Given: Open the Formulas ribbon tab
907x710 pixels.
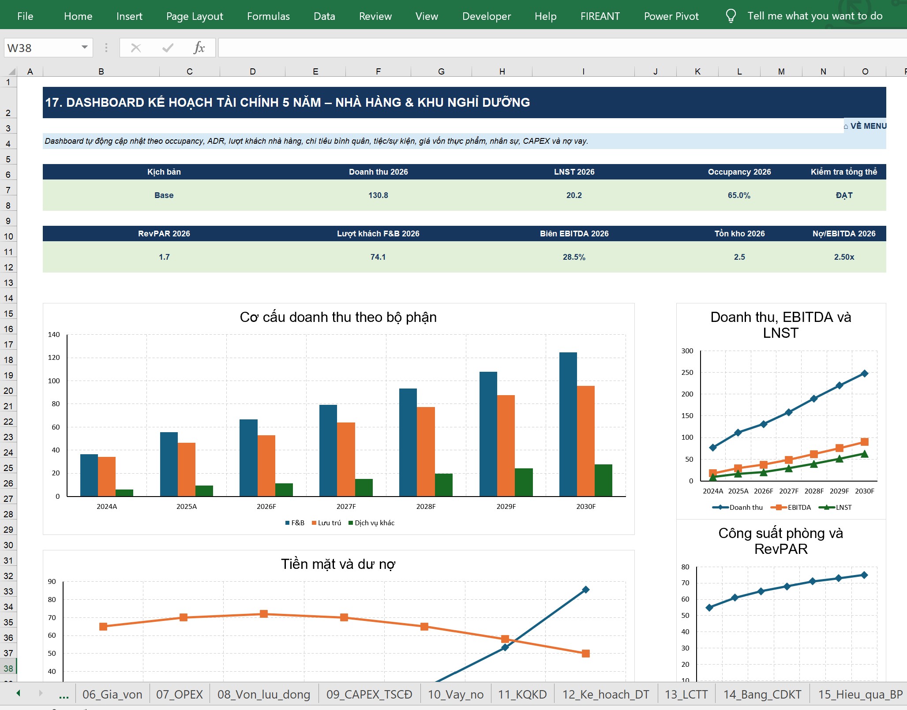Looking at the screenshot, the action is tap(268, 16).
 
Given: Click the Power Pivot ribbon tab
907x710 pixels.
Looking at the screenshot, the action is tap(671, 16).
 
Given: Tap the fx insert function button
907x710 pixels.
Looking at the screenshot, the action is tap(199, 48).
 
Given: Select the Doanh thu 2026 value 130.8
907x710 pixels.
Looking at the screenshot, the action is tap(378, 195).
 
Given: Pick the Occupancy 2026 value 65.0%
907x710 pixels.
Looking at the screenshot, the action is tap(739, 195).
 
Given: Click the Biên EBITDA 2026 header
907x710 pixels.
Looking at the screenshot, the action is tap(574, 234).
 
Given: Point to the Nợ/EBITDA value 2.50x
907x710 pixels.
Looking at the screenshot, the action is tap(844, 257).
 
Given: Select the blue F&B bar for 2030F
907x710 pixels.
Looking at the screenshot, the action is tap(568, 424).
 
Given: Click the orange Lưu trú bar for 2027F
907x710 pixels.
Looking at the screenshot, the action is tap(346, 460).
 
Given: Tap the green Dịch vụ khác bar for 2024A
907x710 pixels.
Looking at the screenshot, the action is tap(124, 493).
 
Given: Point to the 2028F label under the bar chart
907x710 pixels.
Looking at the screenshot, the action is tap(426, 507).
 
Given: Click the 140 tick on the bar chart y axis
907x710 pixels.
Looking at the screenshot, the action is tap(54, 335).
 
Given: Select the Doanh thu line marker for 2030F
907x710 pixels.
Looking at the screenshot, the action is tap(864, 374).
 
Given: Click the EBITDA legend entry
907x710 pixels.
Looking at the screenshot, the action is tap(791, 508).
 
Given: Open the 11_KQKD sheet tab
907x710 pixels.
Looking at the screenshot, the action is tap(522, 695).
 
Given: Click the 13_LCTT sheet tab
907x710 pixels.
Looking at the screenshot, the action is tap(686, 695).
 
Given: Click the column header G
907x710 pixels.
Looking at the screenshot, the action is tap(441, 71).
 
